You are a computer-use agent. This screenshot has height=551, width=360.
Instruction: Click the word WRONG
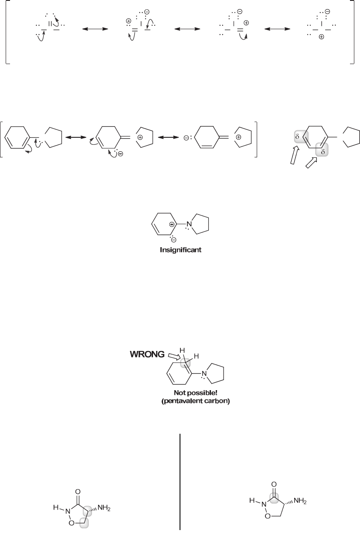coord(147,354)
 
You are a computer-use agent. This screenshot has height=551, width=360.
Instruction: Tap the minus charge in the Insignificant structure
coord(173,240)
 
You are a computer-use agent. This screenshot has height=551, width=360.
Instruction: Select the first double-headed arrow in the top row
coord(95,29)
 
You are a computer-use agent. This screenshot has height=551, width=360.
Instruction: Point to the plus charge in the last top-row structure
coord(321,37)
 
